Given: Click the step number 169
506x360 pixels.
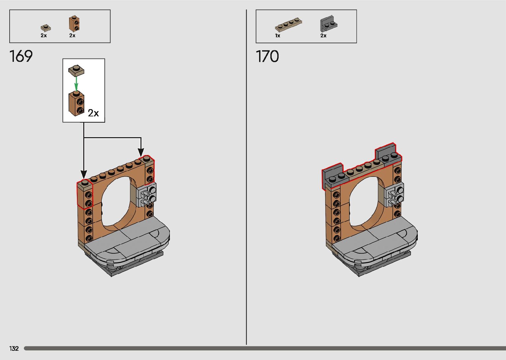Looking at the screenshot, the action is (x=21, y=56).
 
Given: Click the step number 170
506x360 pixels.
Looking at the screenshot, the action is (x=267, y=56).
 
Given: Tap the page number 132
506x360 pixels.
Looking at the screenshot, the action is (x=14, y=348).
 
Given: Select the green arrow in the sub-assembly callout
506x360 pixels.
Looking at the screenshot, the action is (x=76, y=83).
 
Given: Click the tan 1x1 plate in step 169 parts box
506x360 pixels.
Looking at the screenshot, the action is (x=46, y=28).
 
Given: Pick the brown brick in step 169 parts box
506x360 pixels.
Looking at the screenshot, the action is (x=74, y=23).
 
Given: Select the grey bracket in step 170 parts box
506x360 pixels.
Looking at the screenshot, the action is (x=329, y=24).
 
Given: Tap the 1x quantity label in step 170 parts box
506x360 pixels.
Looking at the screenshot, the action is (x=278, y=35).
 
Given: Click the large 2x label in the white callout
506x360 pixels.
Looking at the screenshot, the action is (x=93, y=113).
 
